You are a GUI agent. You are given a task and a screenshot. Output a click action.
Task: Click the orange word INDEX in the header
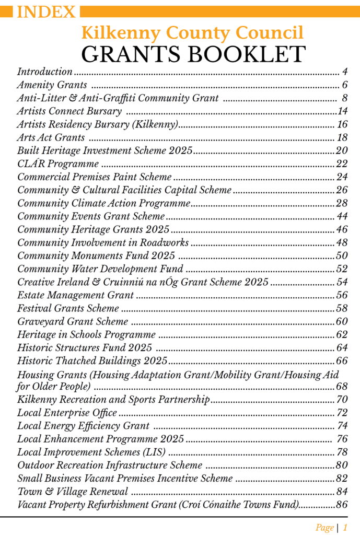tap(47, 11)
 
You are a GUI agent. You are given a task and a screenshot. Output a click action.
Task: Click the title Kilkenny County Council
tap(192, 33)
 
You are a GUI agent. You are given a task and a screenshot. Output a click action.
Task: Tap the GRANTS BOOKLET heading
tap(193, 54)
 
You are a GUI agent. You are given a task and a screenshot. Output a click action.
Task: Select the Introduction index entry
tap(45, 72)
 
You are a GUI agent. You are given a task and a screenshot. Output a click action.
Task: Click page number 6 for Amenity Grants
tap(345, 85)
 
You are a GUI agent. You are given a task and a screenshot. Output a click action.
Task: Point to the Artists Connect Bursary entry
tap(69, 111)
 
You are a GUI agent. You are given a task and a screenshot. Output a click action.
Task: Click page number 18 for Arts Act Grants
tap(342, 138)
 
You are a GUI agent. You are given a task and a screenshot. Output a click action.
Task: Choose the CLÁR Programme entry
tap(51, 164)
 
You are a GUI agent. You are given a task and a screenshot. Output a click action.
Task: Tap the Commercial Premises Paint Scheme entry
tap(95, 177)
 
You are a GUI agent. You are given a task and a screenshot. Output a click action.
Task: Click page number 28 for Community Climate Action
tap(342, 203)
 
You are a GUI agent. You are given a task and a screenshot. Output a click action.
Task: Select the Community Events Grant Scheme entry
tap(91, 216)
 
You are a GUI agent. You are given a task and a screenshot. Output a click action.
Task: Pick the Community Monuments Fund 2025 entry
tap(96, 256)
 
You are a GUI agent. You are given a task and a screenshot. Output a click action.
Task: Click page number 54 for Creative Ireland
tap(342, 283)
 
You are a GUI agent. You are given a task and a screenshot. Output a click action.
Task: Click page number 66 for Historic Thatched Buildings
tap(342, 361)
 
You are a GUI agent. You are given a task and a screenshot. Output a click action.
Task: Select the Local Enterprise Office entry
tap(67, 413)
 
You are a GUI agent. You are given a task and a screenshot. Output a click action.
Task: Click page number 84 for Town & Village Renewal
tap(342, 492)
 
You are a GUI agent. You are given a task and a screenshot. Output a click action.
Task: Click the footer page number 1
tap(345, 528)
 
